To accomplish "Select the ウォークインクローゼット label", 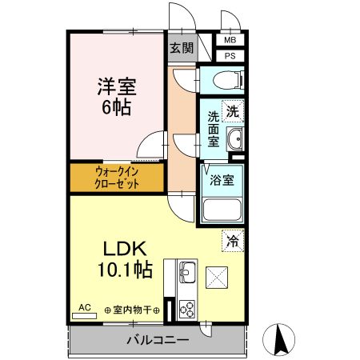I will pyautogui.click(x=117, y=178).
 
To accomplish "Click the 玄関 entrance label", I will pyautogui.click(x=182, y=47).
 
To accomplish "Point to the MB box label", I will pyautogui.click(x=230, y=40).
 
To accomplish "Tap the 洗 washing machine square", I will pyautogui.click(x=232, y=112).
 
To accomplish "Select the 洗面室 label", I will pyautogui.click(x=214, y=127).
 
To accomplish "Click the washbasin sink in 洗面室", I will pyautogui.click(x=235, y=141).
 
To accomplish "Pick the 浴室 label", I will pyautogui.click(x=223, y=179).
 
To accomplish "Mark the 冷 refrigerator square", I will pyautogui.click(x=233, y=239).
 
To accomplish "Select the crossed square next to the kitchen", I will pyautogui.click(x=218, y=277).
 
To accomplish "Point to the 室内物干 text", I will pyautogui.click(x=132, y=310).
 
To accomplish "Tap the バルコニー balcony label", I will pyautogui.click(x=157, y=340).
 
